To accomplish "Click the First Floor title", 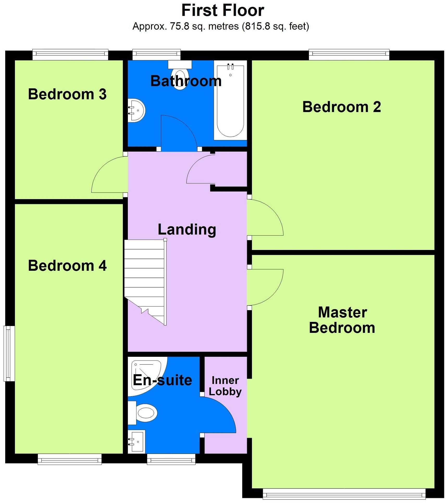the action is [223, 10].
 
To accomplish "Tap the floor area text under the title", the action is [221, 26].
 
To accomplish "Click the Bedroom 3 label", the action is [67, 94].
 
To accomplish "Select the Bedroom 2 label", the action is [342, 107].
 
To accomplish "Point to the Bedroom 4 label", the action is [67, 266].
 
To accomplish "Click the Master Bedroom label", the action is [342, 320].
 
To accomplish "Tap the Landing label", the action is [187, 230].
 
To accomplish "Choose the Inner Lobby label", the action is [225, 386].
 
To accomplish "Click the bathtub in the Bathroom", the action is [230, 100].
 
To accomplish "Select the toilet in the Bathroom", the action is [180, 74].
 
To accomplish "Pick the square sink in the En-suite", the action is [136, 442].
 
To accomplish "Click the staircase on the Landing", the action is [145, 282].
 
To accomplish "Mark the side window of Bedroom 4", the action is [9, 353].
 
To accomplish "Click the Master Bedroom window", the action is [344, 494].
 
